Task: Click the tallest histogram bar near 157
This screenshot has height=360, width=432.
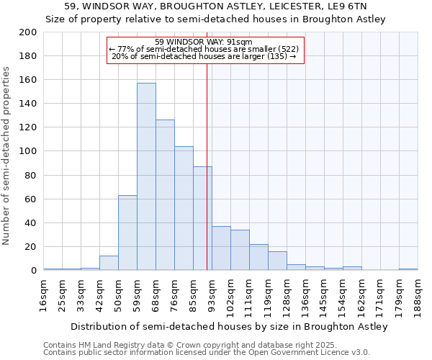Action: click(x=146, y=176)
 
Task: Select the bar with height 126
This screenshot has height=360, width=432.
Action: click(x=165, y=195)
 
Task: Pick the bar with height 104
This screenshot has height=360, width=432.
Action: click(x=184, y=208)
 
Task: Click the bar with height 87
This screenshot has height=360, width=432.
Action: click(x=202, y=218)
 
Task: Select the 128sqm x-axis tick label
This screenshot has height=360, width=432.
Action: click(x=287, y=294)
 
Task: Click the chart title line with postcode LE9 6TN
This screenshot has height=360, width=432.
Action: click(x=216, y=7)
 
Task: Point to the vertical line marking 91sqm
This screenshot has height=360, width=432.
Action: click(x=207, y=166)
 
